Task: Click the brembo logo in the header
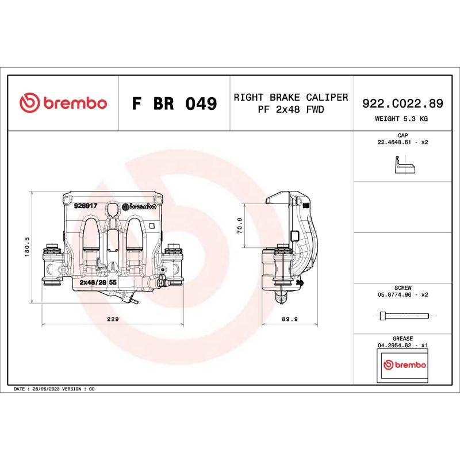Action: coord(63,103)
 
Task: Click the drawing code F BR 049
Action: coord(174,104)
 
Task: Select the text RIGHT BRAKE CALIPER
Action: coord(290,97)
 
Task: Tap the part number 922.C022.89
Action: coord(402,103)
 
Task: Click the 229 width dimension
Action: coord(113,319)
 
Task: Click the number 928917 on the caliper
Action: coord(85,205)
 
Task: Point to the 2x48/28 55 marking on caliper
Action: coord(98,283)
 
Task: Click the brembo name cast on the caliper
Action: coord(140,206)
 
